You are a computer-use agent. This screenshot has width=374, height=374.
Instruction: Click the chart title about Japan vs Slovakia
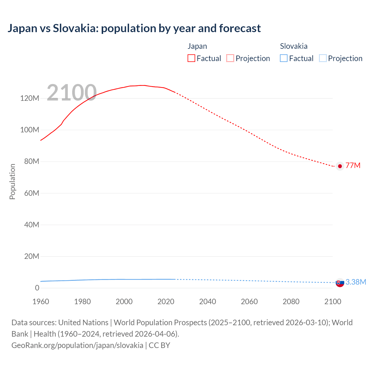pos(134,28)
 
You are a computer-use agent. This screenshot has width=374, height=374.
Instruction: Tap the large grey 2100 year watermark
pos(72,93)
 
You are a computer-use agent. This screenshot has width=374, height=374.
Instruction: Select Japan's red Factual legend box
pos(191,58)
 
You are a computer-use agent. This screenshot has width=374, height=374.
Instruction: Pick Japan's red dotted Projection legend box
pos(230,58)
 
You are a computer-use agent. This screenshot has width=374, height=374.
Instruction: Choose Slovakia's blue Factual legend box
pos(283,58)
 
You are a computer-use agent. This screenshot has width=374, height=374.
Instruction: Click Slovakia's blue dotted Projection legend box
pos(323,58)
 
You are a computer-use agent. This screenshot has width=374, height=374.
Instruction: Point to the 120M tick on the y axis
pos(30,98)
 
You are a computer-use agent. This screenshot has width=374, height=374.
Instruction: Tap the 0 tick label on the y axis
pos(37,288)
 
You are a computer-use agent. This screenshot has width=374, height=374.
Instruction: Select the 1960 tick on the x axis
pos(41,302)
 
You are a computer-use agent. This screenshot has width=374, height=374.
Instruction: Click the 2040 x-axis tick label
pos(207,302)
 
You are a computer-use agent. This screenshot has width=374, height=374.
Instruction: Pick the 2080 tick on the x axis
pos(291,302)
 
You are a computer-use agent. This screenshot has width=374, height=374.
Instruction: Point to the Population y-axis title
pos(12,181)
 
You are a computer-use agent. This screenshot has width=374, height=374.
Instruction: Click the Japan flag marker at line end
pos(340,166)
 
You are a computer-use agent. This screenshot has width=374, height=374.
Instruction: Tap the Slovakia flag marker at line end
pos(340,283)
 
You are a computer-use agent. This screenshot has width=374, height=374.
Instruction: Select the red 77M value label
pos(353,165)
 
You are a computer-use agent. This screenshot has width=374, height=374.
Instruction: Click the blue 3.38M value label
pos(356,282)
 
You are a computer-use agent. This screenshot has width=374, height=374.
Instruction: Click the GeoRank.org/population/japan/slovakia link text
pos(77,345)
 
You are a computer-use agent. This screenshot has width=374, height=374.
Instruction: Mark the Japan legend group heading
pos(197,46)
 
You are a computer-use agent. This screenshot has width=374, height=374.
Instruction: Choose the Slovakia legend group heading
pos(294,46)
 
